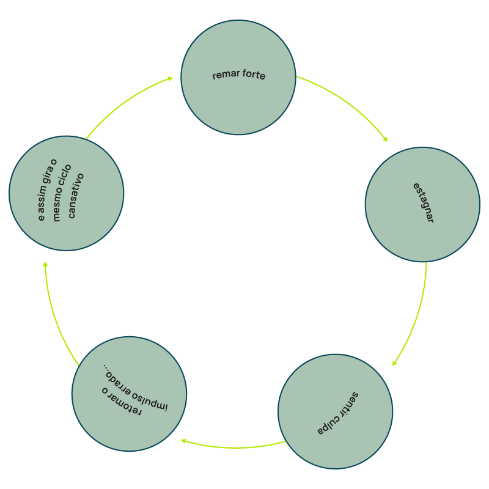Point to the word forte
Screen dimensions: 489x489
(253, 76)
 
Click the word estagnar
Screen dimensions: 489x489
(423, 203)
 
